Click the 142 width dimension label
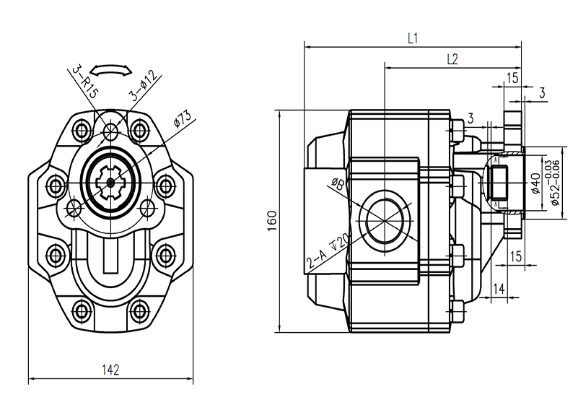click(x=110, y=370)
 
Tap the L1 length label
click(x=413, y=39)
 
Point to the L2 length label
click(x=452, y=60)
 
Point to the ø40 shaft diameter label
click(x=535, y=184)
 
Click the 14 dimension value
click(x=498, y=289)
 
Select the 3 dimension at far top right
click(x=542, y=92)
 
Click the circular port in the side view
click(x=387, y=220)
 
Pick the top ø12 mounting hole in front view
click(x=110, y=131)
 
